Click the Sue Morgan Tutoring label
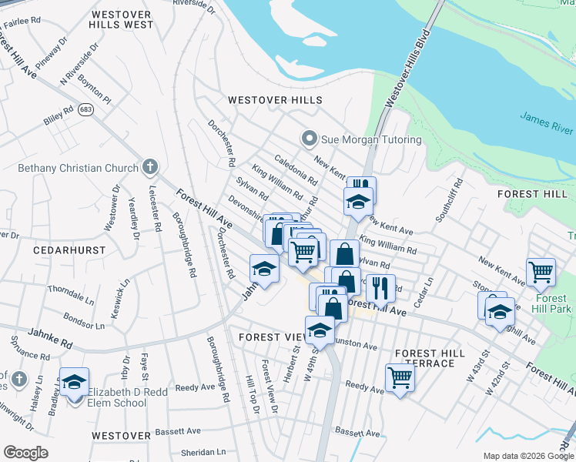point(372,139)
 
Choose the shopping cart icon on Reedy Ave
point(400,377)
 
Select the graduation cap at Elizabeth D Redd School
point(75,382)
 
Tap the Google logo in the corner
point(25,453)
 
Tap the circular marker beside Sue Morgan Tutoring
point(309,139)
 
